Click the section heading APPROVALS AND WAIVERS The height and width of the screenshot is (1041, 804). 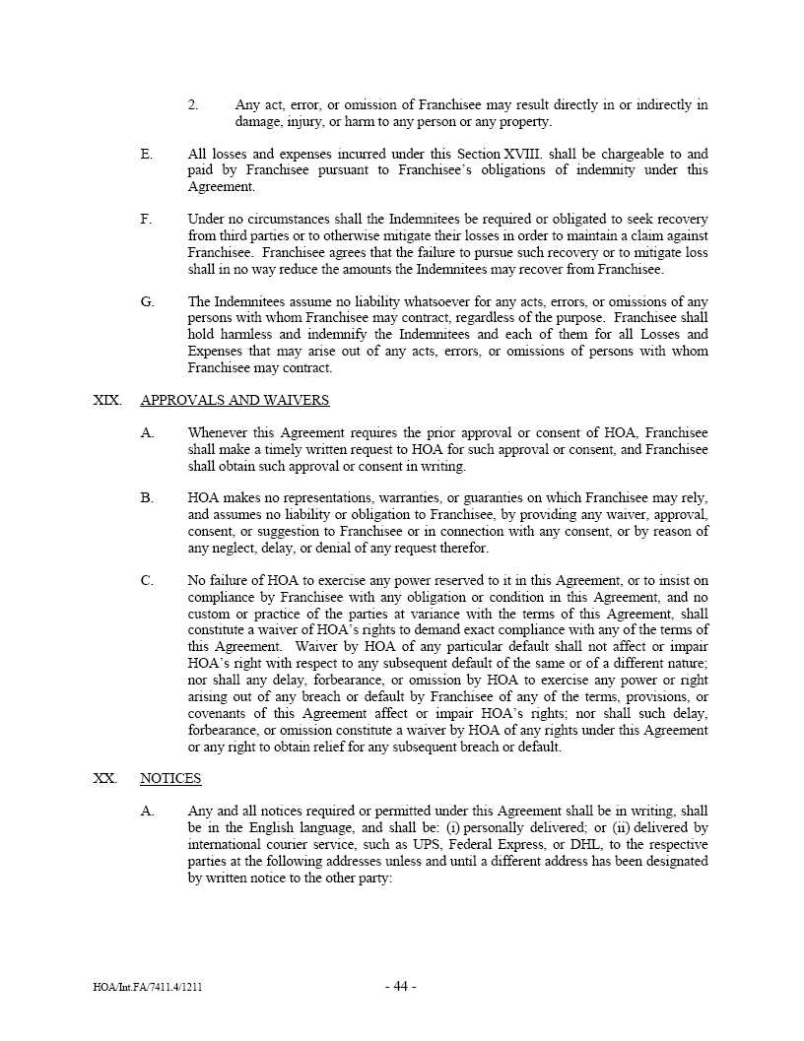pos(234,400)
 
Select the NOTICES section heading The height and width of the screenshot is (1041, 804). pos(170,778)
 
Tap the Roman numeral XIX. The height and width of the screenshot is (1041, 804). pos(106,400)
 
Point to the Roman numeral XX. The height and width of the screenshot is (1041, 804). pos(104,778)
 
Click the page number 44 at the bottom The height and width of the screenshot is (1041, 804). pos(400,987)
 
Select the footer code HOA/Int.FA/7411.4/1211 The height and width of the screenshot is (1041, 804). pos(147,988)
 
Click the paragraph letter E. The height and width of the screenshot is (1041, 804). pos(147,154)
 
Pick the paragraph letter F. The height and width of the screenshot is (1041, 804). pos(147,219)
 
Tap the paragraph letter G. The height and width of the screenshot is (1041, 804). pos(147,301)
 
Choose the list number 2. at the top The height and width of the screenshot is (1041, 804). pos(194,104)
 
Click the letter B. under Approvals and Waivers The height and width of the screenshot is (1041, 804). pos(147,498)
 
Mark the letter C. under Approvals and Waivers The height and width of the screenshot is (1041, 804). pos(147,580)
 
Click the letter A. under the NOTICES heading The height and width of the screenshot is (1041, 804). pos(147,811)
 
